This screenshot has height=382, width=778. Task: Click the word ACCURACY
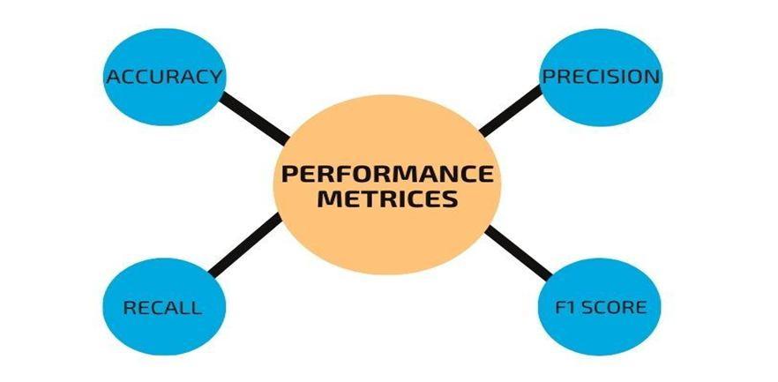pos(163,77)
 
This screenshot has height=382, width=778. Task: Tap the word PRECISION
pos(600,77)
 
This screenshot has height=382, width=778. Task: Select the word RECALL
pos(162,308)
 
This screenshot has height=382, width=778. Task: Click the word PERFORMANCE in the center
pos(386,173)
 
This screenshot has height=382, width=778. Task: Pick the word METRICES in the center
pos(387,198)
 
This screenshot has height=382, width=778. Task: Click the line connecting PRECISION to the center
pos(511,111)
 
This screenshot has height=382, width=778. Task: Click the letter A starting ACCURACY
pos(112,77)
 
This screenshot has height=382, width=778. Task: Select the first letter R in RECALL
pos(129,308)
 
